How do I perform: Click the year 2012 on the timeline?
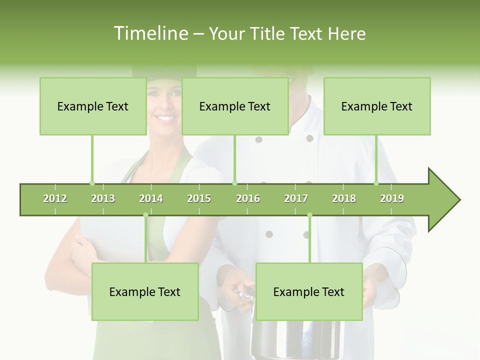point(55,198)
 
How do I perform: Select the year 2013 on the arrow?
point(103,198)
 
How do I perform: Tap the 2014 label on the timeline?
point(151,198)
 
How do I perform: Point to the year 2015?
point(199,198)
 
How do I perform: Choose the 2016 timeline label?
point(248,198)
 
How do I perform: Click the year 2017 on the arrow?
point(296,198)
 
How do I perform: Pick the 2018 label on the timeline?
point(344,198)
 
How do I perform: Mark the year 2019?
point(392,198)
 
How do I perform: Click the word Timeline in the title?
point(150,33)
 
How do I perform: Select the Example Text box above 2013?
point(93,106)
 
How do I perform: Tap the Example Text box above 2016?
point(235,106)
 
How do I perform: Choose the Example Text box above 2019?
point(377,106)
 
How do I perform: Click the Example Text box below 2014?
point(145,291)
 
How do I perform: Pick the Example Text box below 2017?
point(309,291)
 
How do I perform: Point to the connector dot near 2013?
point(92,183)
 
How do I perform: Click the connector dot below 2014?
point(145,215)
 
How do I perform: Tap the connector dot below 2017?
point(309,215)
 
